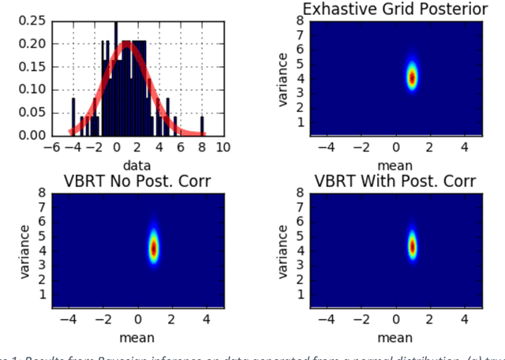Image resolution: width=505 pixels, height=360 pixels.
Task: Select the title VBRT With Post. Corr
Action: tap(395, 181)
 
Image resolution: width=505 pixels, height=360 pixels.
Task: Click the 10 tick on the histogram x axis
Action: tap(223, 148)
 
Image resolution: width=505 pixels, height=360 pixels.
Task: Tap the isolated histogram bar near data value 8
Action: tap(201, 126)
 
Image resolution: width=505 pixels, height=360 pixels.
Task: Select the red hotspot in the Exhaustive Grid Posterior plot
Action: tap(411, 77)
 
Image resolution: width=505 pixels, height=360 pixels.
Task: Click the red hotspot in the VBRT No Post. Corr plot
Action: tap(154, 247)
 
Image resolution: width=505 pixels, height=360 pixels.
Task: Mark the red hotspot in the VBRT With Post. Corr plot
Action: tap(411, 247)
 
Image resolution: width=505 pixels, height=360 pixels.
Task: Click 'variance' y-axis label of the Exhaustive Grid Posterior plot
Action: tap(285, 78)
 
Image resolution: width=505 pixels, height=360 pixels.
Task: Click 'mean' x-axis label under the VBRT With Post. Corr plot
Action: tap(395, 337)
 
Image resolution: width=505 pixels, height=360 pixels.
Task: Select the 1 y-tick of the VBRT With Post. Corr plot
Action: tap(301, 293)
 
